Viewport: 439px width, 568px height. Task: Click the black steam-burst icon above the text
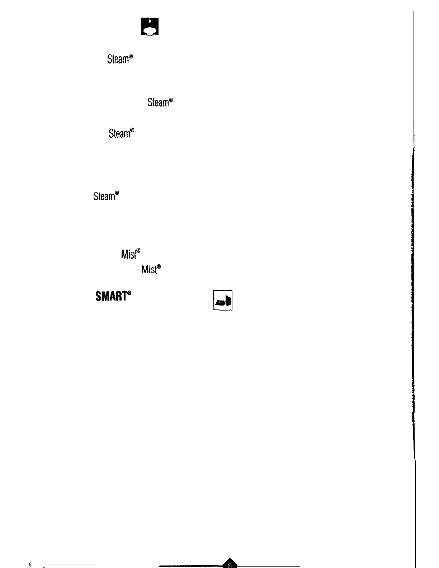coord(150,27)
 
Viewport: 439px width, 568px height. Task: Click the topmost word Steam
coord(118,60)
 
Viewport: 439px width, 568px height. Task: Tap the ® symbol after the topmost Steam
coord(131,57)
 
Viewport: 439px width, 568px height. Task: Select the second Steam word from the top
coord(158,103)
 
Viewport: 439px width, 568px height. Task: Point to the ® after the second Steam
coord(171,100)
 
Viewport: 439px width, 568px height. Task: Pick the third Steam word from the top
coord(119,134)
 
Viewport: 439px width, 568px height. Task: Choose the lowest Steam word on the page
coord(104,197)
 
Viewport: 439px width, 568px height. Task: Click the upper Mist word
coord(129,255)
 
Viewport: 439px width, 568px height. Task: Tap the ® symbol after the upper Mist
coord(138,251)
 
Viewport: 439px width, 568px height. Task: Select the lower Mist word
coord(149,269)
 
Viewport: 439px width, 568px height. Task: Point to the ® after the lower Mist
coord(159,266)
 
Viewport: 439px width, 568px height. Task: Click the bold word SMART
coord(111,297)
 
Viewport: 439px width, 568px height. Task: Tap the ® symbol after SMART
coord(129,293)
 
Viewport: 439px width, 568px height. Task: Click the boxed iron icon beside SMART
coord(223,300)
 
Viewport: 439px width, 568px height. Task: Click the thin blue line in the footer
coord(71,565)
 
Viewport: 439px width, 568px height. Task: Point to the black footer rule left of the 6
coord(190,566)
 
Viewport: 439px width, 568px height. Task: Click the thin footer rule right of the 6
coord(269,566)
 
